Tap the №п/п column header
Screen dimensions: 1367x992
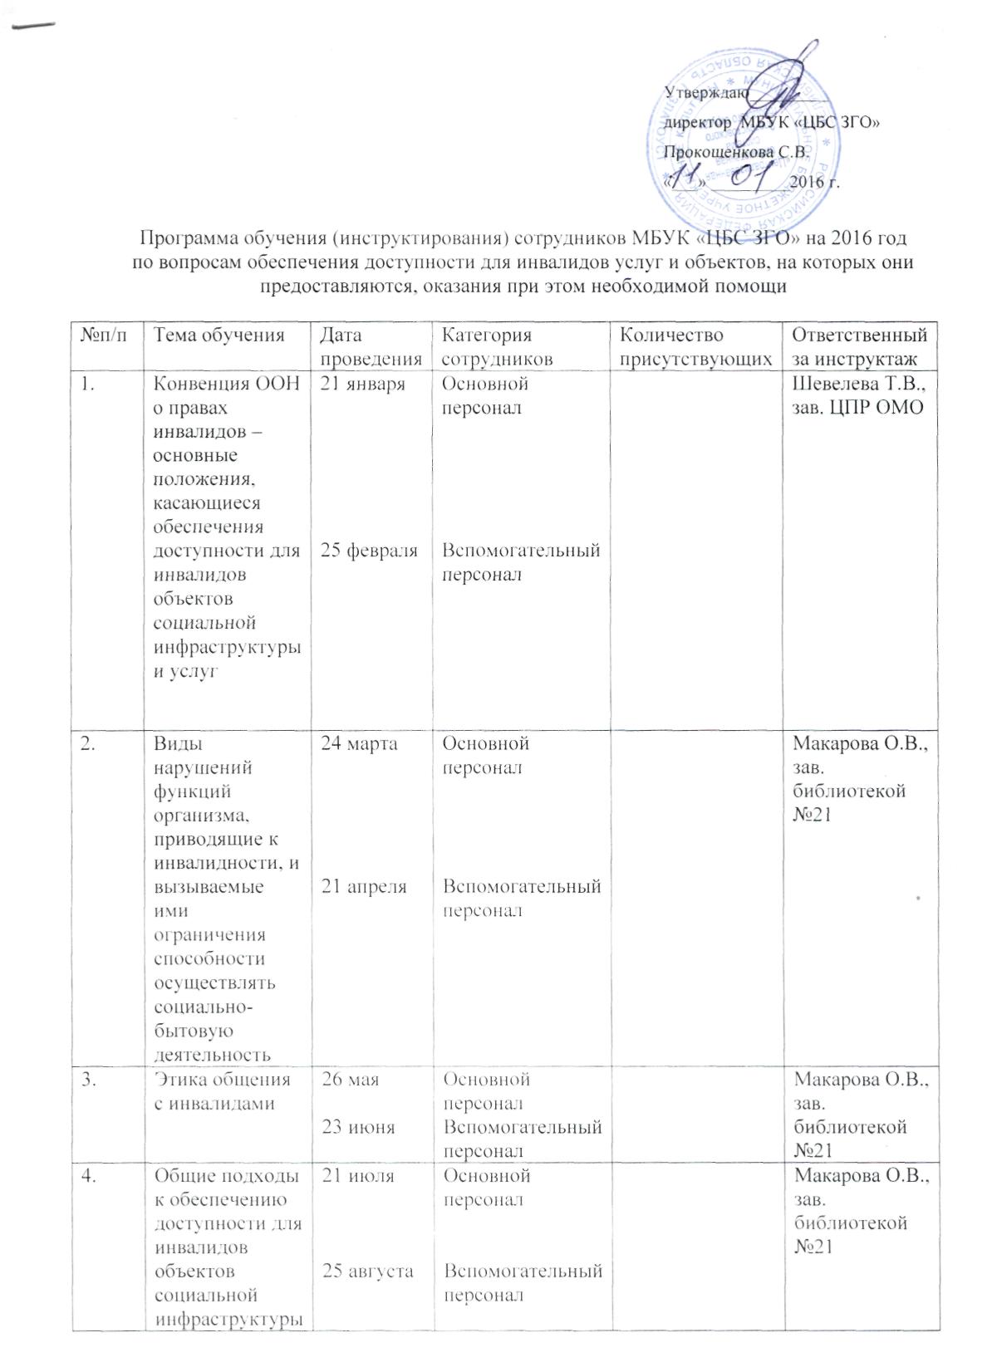click(x=98, y=336)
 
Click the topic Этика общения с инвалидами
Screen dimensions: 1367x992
click(x=223, y=1091)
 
